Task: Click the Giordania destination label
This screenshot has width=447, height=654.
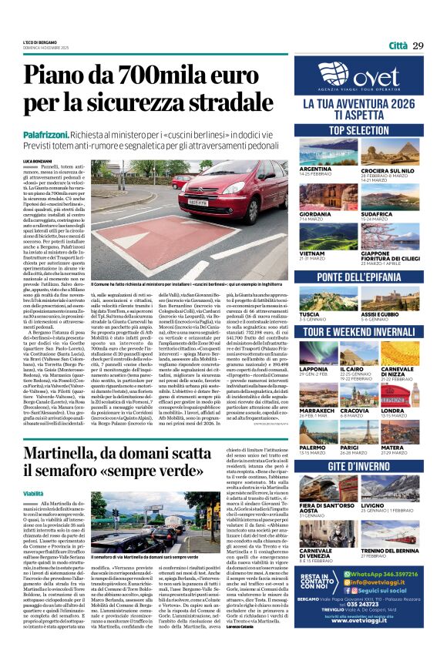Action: click(x=315, y=214)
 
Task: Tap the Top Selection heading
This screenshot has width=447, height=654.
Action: click(x=358, y=131)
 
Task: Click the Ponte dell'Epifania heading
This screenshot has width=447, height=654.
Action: click(x=358, y=276)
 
